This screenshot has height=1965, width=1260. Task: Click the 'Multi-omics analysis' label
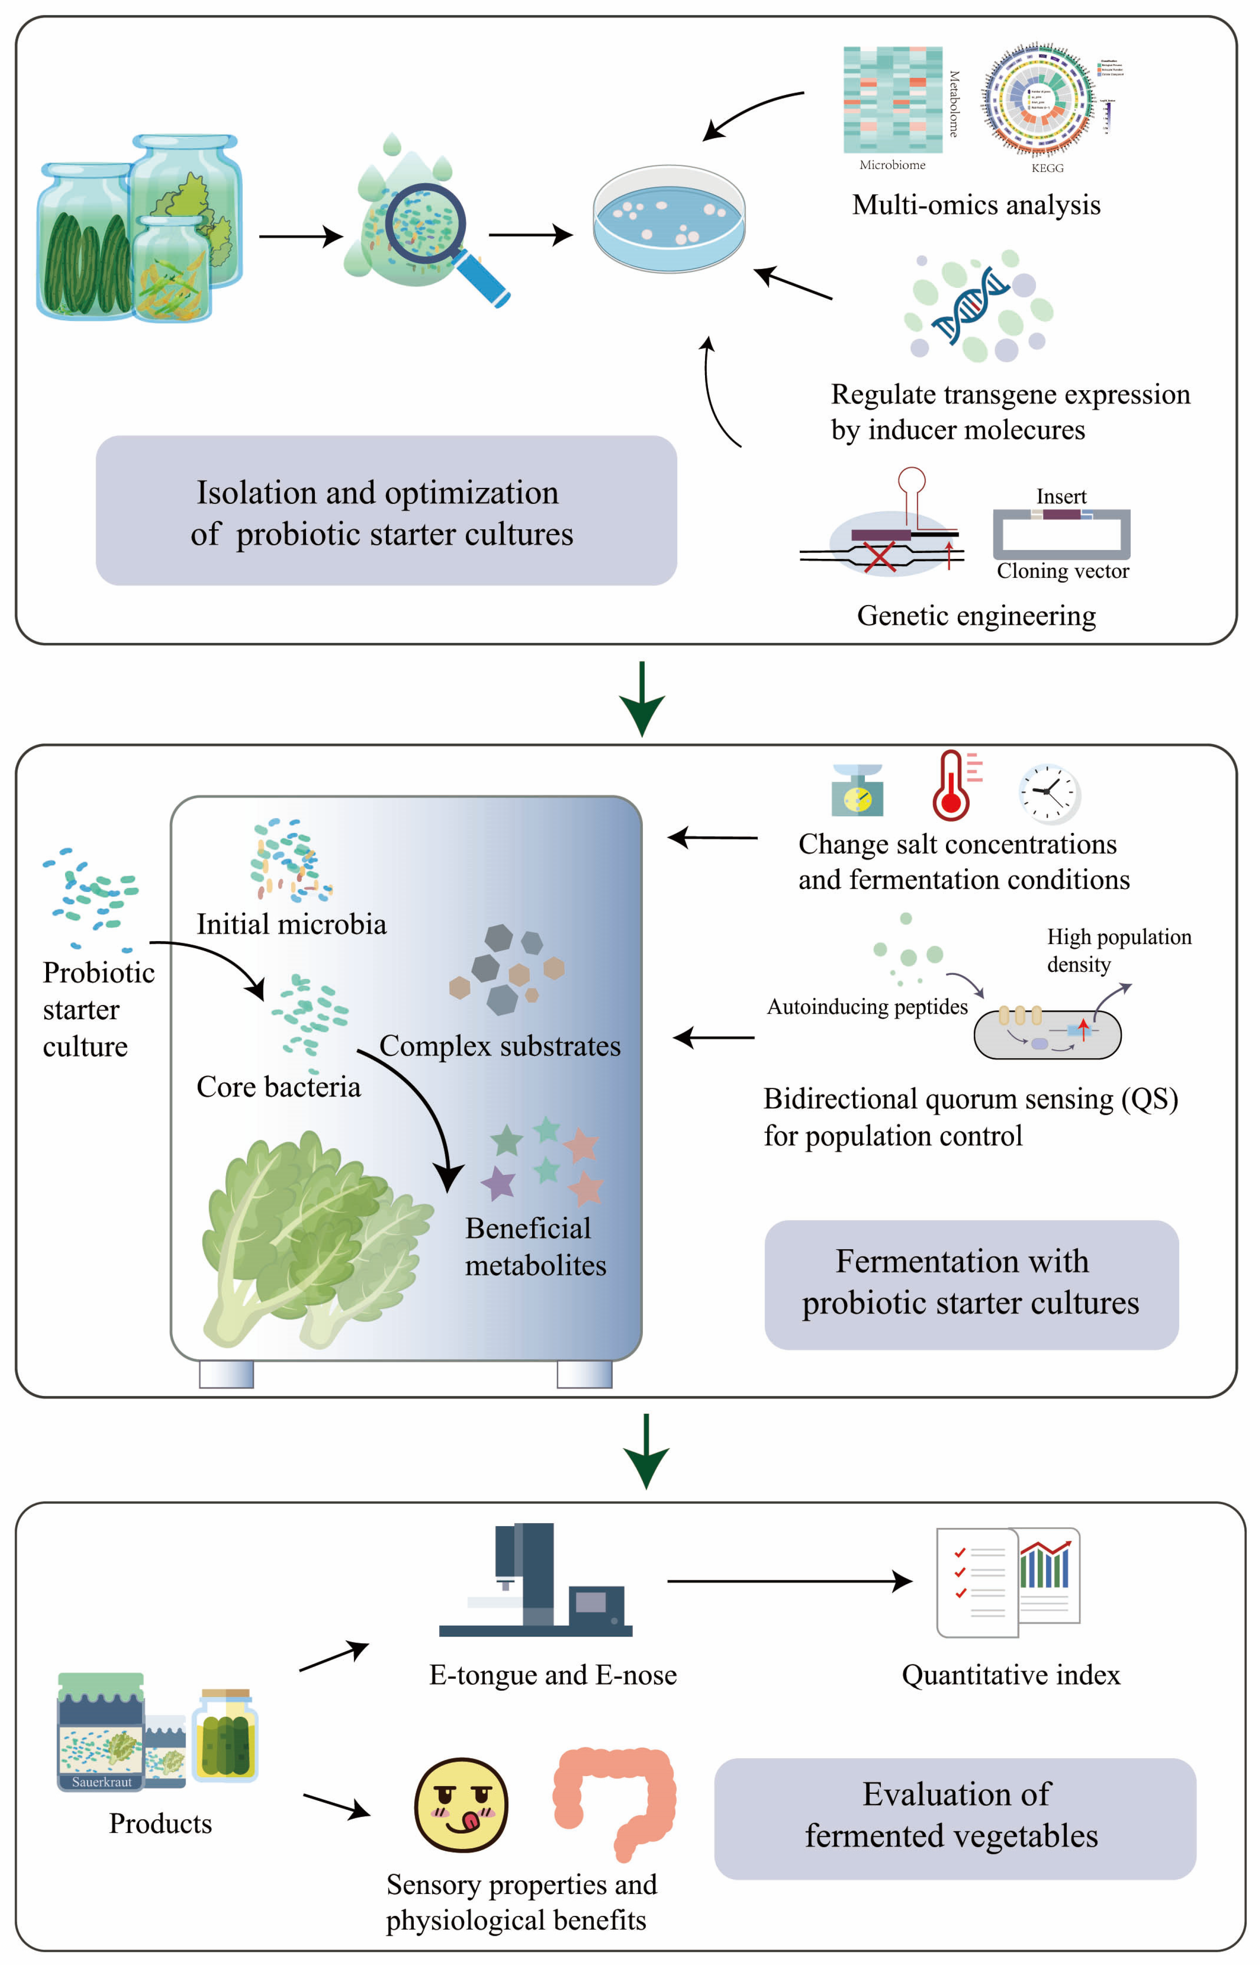coord(976,205)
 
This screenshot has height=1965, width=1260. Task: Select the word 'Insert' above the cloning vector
coord(1061,497)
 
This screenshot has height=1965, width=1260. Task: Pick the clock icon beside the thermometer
coord(1049,792)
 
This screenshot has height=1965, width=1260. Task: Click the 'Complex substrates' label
coord(500,1046)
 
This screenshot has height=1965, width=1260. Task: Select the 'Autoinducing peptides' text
coord(867,1007)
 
